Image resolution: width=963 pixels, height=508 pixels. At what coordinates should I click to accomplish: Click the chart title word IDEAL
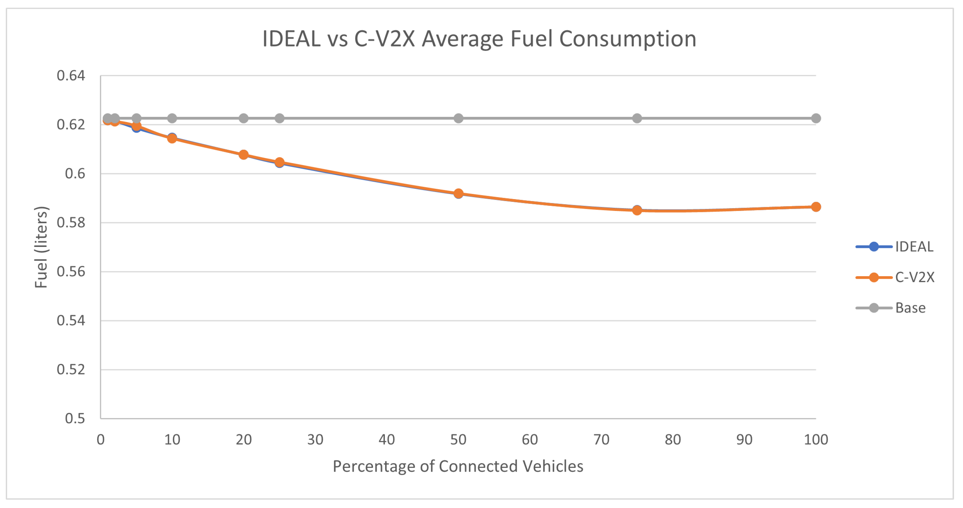291,39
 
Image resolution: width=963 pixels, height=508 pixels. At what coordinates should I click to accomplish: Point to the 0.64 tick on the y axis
71,76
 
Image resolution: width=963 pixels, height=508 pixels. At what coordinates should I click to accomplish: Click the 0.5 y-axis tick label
75,419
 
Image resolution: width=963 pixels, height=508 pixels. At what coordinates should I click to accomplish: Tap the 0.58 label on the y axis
71,223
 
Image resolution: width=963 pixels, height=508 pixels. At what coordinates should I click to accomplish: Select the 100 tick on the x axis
816,440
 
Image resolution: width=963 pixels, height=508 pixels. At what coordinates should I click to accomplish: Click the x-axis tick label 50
458,440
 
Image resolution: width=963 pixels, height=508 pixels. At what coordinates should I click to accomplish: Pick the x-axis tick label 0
100,440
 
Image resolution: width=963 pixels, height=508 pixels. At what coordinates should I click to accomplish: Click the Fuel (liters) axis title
41,247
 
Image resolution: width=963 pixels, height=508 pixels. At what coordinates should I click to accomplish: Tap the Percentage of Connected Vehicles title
458,467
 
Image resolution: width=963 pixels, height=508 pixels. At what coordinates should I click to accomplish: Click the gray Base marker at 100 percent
816,118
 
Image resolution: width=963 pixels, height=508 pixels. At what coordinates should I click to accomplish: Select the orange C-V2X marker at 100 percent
816,207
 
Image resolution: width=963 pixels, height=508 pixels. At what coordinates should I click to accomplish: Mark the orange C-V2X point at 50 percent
458,194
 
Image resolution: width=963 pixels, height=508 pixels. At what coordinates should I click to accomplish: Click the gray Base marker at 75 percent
637,118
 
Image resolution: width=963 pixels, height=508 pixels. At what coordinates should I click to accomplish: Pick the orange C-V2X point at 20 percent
244,155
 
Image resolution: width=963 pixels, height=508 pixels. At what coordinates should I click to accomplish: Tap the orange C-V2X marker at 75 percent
637,211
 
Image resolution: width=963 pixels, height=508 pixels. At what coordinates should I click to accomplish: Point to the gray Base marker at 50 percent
458,118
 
